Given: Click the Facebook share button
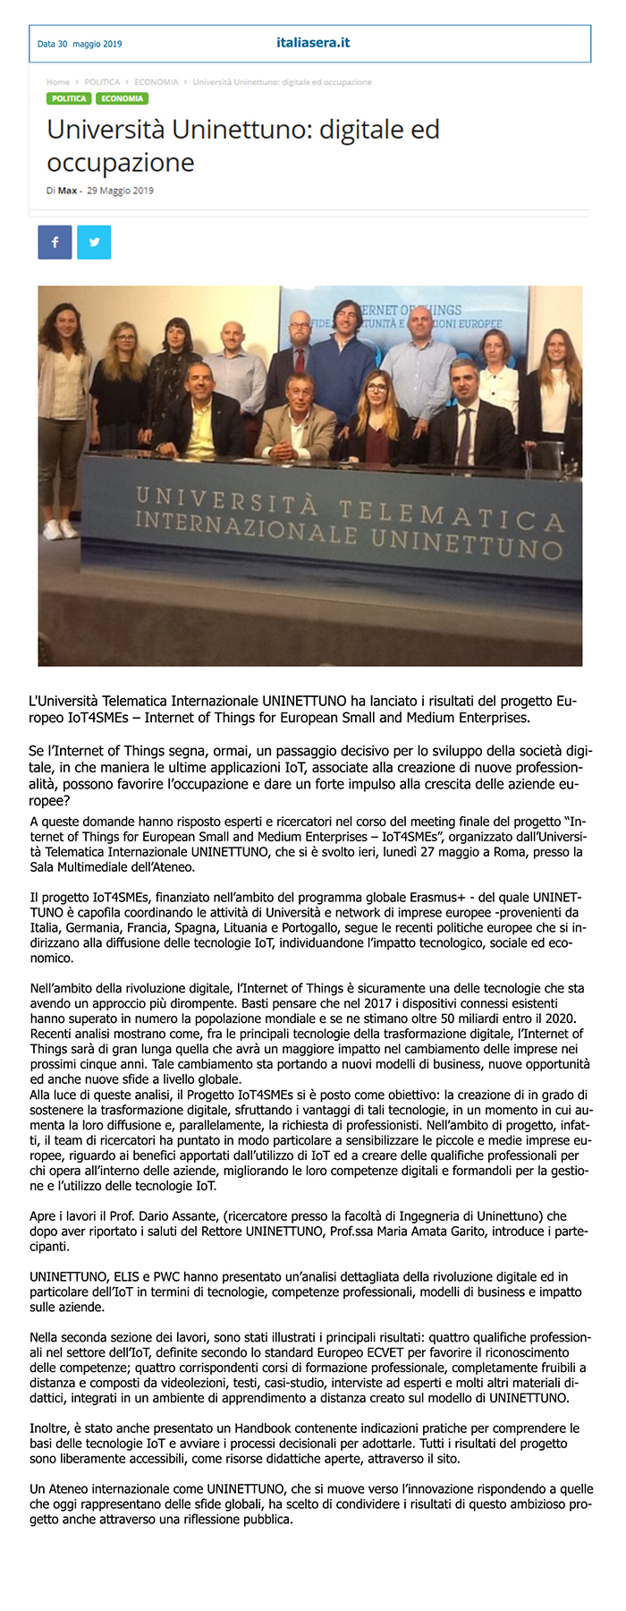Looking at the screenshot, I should (x=55, y=243).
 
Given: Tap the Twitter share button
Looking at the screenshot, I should (x=94, y=243).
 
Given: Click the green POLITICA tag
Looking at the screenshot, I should (x=69, y=98).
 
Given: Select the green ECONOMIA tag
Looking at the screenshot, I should (x=122, y=98).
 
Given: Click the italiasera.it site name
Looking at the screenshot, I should (x=313, y=43).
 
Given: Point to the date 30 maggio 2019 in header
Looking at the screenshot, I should (x=80, y=44).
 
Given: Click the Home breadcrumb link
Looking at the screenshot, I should (x=58, y=82).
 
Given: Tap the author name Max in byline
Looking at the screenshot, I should (x=67, y=191).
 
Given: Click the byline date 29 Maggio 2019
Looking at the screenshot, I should (x=120, y=191).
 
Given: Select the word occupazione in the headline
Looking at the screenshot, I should (x=121, y=163).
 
